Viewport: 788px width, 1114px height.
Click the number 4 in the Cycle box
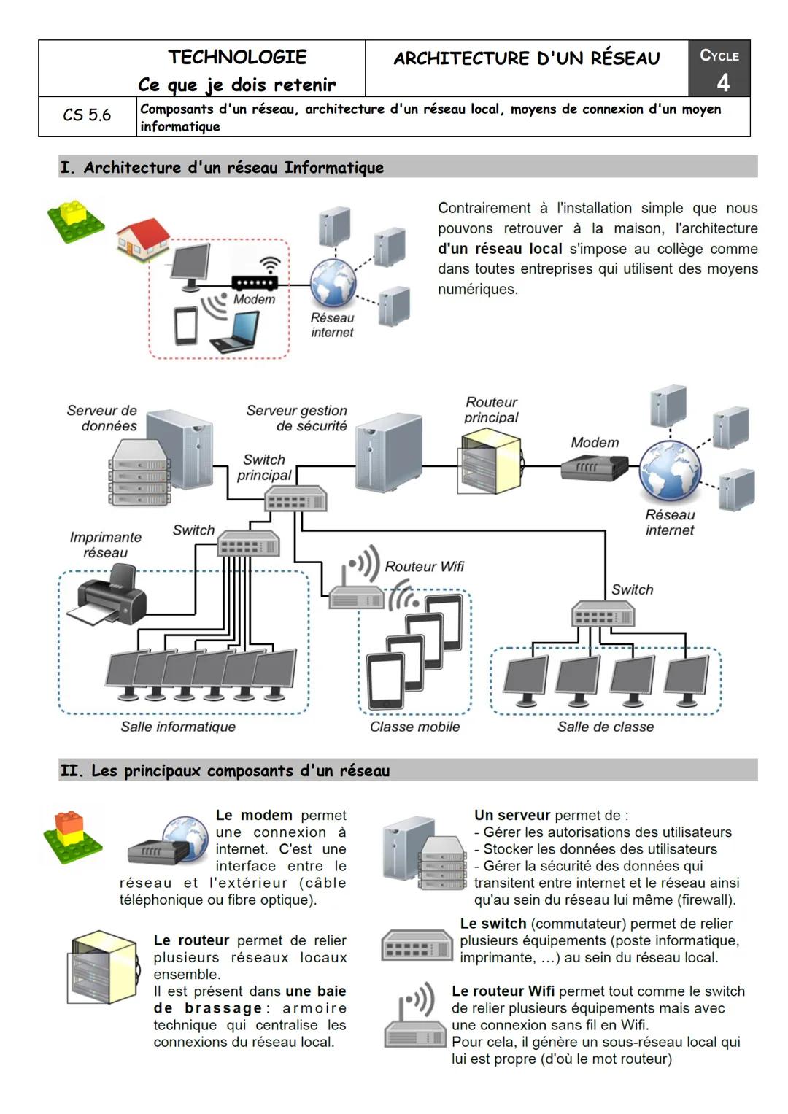coord(722,82)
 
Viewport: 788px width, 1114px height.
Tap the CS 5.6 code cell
coord(87,115)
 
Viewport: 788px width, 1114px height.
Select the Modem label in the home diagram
coord(254,299)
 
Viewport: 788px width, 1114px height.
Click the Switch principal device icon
coord(295,499)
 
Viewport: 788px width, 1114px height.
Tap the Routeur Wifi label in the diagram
coord(424,567)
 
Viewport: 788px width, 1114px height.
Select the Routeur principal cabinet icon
coord(490,462)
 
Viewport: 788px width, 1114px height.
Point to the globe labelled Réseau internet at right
coord(670,470)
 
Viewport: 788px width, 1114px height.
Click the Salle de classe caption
coord(606,727)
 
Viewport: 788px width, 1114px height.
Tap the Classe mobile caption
coord(414,727)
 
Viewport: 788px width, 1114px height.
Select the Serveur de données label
coord(102,418)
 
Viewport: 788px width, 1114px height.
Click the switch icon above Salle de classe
coord(603,614)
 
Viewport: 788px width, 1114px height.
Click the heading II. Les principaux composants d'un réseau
coord(225,770)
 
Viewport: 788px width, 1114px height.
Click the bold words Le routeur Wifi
coord(503,991)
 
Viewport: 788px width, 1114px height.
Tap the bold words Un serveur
coord(511,815)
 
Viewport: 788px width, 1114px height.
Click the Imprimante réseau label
coord(106,545)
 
